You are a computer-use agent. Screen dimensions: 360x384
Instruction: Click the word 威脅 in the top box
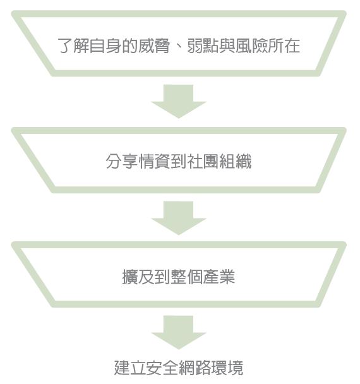pyautogui.click(x=154, y=46)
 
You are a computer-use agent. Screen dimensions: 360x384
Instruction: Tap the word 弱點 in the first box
pyautogui.click(x=203, y=46)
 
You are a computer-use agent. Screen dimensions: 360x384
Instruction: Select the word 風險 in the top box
pyautogui.click(x=251, y=46)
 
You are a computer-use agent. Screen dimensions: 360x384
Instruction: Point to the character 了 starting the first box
pyautogui.click(x=65, y=46)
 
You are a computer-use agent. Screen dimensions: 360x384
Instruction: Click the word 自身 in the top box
pyautogui.click(x=105, y=46)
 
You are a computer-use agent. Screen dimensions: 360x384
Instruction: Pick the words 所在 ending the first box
pyautogui.click(x=284, y=46)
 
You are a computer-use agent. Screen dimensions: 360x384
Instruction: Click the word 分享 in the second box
pyautogui.click(x=122, y=162)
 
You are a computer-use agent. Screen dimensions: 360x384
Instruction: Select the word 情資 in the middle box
pyautogui.click(x=154, y=162)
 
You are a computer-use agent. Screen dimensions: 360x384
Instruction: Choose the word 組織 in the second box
pyautogui.click(x=236, y=162)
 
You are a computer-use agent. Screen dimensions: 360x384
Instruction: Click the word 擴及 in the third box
pyautogui.click(x=138, y=277)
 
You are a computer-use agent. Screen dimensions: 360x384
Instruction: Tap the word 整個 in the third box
pyautogui.click(x=186, y=277)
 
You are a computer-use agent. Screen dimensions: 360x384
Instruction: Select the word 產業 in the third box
pyautogui.click(x=219, y=277)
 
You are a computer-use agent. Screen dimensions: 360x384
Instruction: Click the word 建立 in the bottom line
pyautogui.click(x=130, y=368)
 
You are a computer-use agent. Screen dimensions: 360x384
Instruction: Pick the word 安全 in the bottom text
pyautogui.click(x=162, y=368)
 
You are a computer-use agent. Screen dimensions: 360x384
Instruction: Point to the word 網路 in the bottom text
pyautogui.click(x=195, y=368)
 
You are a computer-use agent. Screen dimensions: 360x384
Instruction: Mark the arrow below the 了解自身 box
pyautogui.click(x=179, y=100)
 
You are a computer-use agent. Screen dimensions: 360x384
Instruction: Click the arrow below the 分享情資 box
pyautogui.click(x=179, y=217)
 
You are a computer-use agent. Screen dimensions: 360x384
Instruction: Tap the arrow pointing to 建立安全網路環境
pyautogui.click(x=179, y=332)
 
